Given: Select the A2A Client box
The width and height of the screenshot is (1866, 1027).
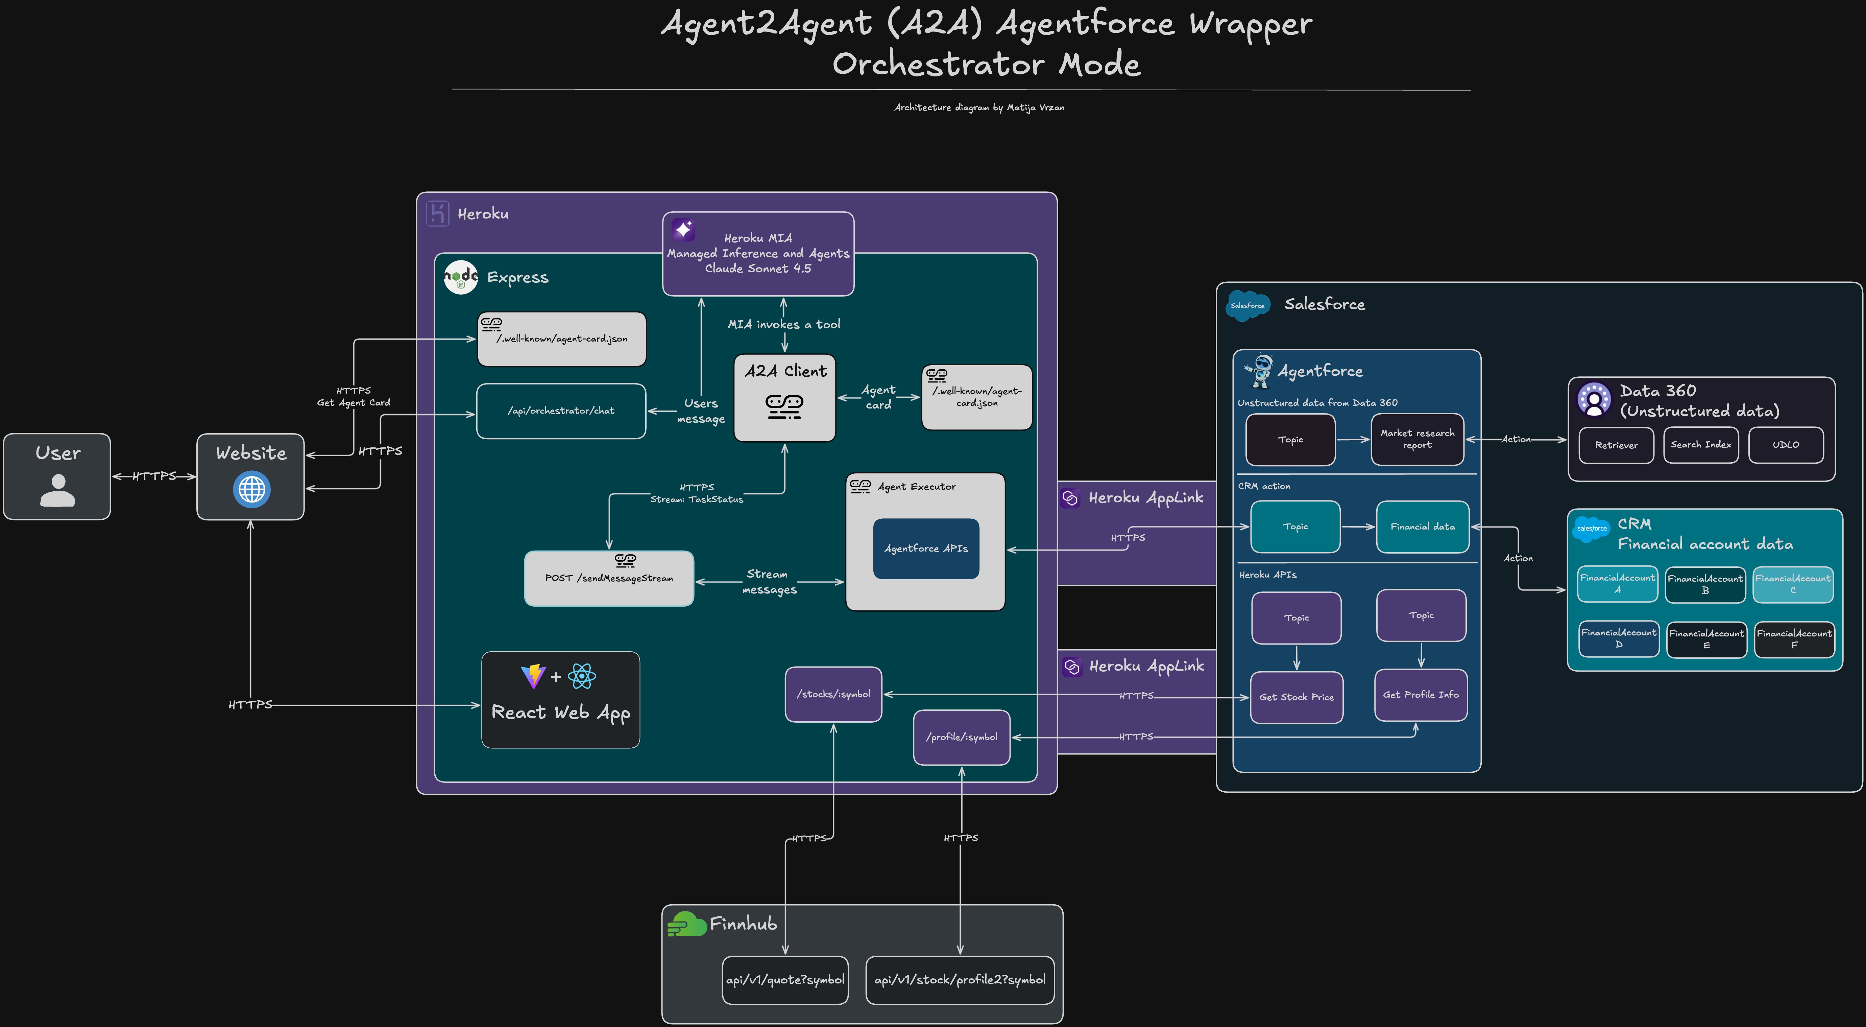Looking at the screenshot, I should [784, 397].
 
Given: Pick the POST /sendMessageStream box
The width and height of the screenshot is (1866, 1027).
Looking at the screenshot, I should [608, 578].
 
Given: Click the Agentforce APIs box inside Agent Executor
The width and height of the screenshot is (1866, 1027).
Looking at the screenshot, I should [926, 548].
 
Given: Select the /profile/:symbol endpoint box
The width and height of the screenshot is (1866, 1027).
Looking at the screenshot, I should [961, 737].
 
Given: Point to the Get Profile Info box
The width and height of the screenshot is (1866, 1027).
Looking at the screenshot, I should [1421, 694].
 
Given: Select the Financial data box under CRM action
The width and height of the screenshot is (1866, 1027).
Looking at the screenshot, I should [1422, 527].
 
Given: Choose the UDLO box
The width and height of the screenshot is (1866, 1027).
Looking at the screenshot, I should [1786, 445].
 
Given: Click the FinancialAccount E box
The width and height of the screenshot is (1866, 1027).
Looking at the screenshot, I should [1706, 639].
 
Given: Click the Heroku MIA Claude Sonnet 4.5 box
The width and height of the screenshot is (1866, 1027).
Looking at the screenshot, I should [758, 254].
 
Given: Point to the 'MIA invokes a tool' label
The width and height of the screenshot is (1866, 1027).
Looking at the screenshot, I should [784, 324].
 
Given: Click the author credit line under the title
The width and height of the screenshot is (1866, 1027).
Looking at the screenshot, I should [979, 107].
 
